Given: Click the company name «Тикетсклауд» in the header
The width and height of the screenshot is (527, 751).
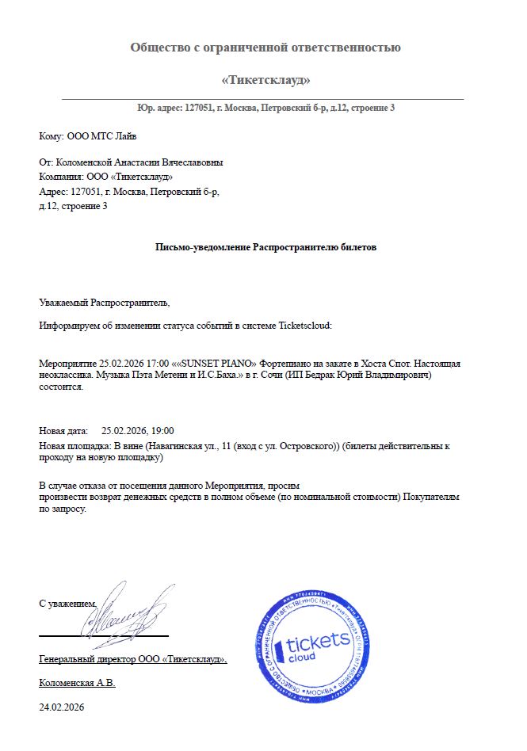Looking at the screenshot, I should point(265,80).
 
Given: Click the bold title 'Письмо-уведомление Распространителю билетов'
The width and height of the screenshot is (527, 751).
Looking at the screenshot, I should point(265,247).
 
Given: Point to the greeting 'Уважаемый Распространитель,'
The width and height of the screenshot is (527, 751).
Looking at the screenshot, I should point(105,303).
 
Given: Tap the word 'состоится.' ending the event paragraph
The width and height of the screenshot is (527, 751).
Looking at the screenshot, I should point(61,388).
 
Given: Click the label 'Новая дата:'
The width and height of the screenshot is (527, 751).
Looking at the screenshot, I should point(63,431).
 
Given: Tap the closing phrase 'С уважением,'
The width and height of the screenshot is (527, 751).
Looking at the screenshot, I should point(67,604).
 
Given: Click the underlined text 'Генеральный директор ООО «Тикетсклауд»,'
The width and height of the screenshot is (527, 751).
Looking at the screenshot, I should point(133,659).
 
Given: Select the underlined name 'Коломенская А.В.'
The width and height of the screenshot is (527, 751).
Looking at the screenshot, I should point(77,683).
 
